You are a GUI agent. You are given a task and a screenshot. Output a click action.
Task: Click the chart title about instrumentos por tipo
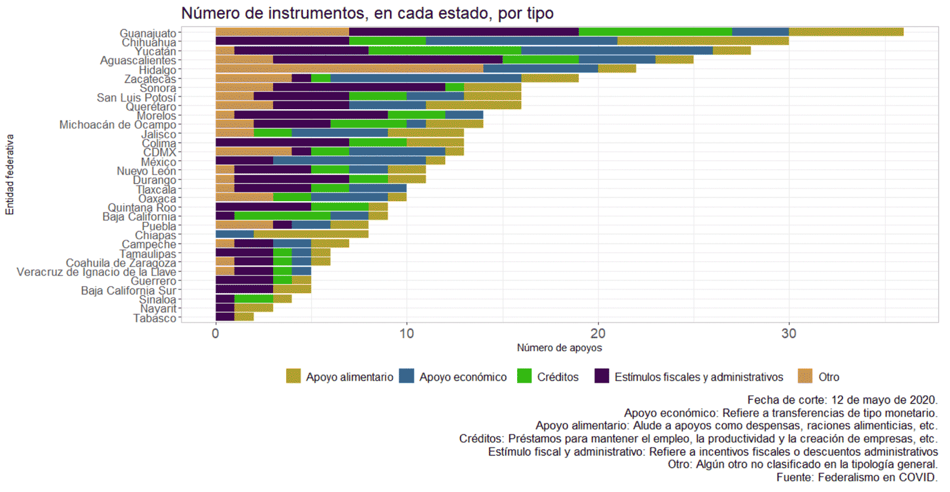coord(367,13)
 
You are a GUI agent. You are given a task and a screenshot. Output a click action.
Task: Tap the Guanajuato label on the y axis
coord(148,33)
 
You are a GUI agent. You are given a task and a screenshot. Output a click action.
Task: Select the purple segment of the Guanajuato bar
coord(464,32)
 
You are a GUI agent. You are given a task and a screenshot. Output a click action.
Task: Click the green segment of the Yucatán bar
coord(445,50)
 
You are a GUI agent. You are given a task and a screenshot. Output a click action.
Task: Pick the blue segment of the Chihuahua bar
coord(521,41)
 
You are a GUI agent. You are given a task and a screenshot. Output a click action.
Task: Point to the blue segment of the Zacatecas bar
coord(425,78)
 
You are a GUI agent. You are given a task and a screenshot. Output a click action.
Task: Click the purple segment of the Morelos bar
coord(311,115)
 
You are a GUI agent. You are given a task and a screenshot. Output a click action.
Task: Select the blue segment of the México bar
coord(349,161)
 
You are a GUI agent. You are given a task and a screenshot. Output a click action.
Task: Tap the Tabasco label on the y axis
coord(154,318)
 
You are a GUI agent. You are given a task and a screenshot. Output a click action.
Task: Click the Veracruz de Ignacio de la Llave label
coord(96,272)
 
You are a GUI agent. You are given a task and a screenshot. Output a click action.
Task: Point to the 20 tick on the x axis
coord(598,334)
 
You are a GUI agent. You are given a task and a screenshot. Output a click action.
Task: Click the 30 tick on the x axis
coord(788,334)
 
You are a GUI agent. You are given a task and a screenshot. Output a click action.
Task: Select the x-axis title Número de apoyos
coord(559,348)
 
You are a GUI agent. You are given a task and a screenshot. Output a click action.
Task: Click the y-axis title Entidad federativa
coord(9,174)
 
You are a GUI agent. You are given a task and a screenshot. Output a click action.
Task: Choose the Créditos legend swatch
coord(524,376)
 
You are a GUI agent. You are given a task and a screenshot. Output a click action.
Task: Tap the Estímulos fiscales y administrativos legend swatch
coord(601,376)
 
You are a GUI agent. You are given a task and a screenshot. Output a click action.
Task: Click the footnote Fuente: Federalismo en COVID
coord(856,477)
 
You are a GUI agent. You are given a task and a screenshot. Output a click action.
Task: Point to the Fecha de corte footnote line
coord(842,399)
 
